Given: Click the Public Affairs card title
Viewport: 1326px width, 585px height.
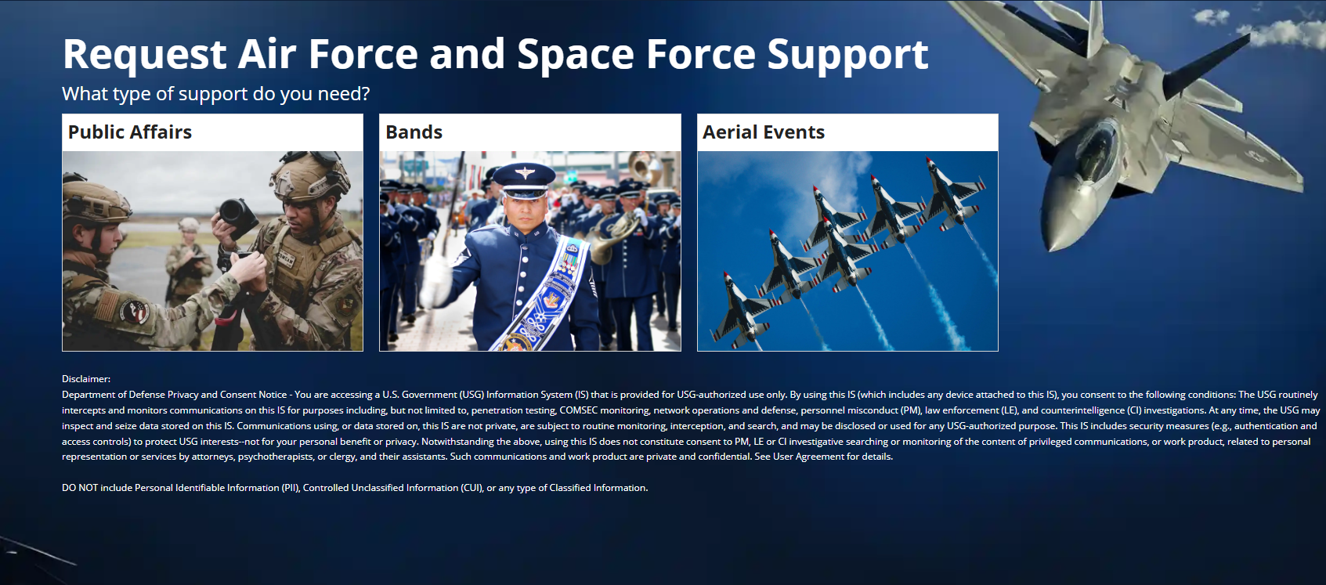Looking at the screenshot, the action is pyautogui.click(x=130, y=132).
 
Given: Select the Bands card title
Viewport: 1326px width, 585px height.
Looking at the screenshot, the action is pyautogui.click(x=414, y=132).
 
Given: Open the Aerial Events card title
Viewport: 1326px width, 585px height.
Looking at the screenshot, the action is pyautogui.click(x=763, y=132).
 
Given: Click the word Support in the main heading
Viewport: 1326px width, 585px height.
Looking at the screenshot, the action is pyautogui.click(x=847, y=55).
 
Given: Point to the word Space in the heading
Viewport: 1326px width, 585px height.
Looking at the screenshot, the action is pyautogui.click(x=576, y=55).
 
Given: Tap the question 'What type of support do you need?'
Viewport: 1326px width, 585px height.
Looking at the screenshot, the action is pyautogui.click(x=215, y=94).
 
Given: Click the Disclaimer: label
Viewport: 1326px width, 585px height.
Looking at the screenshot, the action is pyautogui.click(x=86, y=379).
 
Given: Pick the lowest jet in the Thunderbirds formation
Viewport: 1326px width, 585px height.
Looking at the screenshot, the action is pyautogui.click(x=740, y=312).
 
